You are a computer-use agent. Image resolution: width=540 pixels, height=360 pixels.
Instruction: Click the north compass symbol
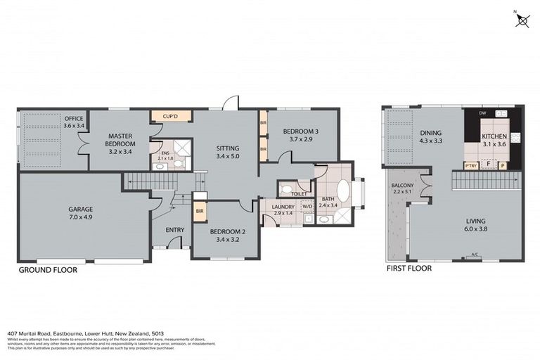(x=522, y=20)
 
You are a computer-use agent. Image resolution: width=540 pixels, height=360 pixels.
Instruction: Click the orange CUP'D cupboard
(x=169, y=115)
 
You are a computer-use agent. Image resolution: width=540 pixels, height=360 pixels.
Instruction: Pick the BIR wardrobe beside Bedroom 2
(x=200, y=210)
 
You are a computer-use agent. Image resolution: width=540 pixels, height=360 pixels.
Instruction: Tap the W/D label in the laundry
(x=306, y=206)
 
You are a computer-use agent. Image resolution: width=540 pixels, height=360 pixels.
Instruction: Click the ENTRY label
(x=174, y=231)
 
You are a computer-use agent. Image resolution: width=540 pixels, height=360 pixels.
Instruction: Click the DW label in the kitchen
(x=482, y=113)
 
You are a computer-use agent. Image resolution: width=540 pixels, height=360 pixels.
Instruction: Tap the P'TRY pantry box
(x=471, y=166)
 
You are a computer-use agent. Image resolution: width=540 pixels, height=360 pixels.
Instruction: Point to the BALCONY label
(x=404, y=186)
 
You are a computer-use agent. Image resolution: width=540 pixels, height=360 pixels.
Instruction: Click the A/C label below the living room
(x=475, y=255)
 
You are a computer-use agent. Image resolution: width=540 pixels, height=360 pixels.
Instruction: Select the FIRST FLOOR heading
(x=409, y=268)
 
